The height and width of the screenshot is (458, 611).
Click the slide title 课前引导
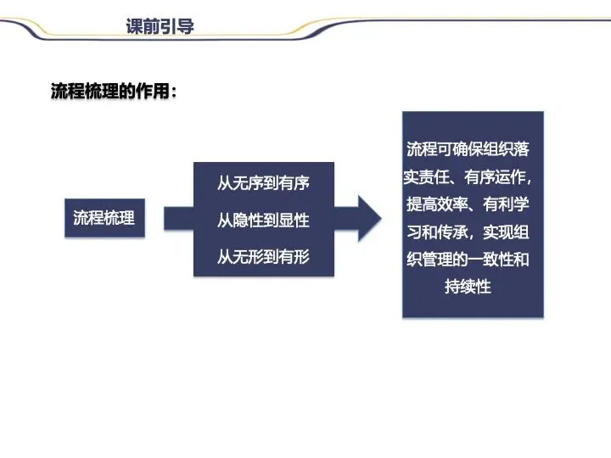160,26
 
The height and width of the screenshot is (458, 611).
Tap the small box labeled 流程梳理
104,217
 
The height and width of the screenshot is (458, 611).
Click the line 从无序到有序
263,183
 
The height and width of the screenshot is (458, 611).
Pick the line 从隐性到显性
263,220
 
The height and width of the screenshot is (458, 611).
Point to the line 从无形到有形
263,256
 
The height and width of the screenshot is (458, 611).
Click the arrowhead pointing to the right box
367,219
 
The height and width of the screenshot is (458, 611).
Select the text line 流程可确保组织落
468,150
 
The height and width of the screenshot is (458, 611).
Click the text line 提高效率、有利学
468,204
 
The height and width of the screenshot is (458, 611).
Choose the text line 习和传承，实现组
468,232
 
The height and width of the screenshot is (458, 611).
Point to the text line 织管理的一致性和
468,259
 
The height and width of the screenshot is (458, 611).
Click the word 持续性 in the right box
468,287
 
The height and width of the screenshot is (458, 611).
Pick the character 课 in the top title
135,26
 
